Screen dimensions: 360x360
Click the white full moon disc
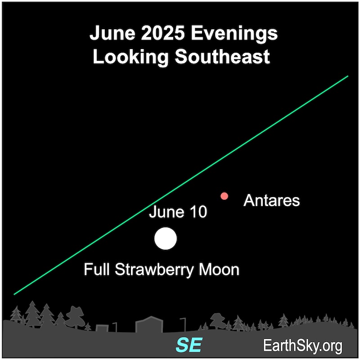click(165, 238)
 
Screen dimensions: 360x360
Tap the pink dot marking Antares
click(224, 196)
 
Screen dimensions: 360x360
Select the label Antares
click(271, 200)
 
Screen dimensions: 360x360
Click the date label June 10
click(178, 212)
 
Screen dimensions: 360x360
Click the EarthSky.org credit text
click(303, 346)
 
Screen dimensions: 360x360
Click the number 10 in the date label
click(198, 212)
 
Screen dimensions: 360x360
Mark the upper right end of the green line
click(348, 76)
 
